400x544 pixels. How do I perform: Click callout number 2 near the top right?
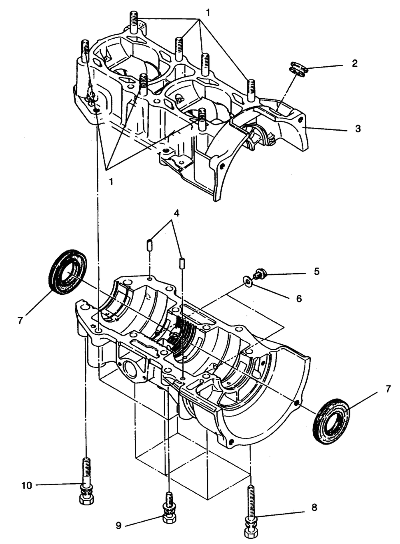coord(354,64)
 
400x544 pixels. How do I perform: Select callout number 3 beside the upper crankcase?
coord(358,129)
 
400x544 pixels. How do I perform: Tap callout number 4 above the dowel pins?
coord(176,213)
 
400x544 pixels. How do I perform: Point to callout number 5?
coord(316,271)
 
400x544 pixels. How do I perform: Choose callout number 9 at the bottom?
coord(118,526)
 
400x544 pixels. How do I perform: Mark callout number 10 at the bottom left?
coord(27,485)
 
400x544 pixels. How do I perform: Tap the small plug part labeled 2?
coord(300,68)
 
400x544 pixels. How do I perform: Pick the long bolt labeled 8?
coord(250,510)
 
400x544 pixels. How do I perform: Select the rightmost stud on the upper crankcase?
coord(251,91)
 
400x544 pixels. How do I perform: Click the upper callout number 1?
coord(208,12)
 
